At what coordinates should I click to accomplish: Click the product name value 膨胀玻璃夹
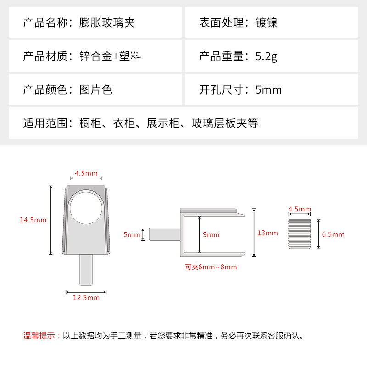tap(107, 22)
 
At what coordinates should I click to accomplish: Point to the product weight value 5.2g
tap(266, 56)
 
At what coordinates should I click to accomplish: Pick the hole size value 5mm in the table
tap(268, 89)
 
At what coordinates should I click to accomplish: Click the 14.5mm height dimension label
tap(33, 220)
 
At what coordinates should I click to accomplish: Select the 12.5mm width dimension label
tap(86, 298)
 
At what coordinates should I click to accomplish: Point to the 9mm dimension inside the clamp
tap(211, 234)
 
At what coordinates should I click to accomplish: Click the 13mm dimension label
tap(267, 233)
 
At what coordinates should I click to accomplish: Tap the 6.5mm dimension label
tap(333, 234)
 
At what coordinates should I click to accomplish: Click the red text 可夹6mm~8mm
tap(211, 267)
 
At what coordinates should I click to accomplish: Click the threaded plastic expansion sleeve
tap(300, 234)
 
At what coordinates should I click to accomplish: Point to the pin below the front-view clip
tap(86, 270)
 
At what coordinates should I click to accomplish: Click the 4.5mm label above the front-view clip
tap(86, 173)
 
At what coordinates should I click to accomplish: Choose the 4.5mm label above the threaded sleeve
tap(300, 209)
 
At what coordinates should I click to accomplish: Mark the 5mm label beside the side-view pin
tap(132, 234)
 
